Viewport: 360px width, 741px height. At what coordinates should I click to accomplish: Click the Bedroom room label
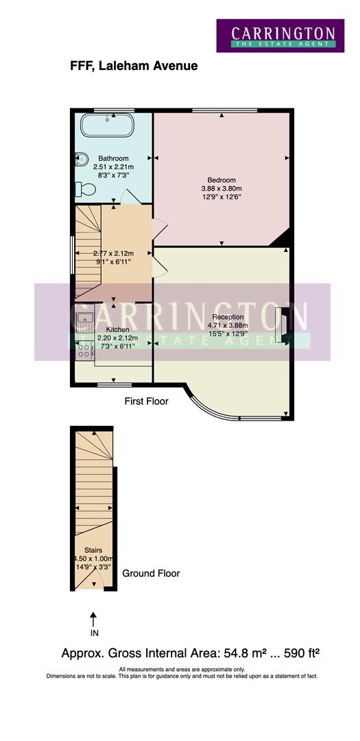(221, 180)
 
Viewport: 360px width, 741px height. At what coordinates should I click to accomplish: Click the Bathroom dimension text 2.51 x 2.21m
(113, 167)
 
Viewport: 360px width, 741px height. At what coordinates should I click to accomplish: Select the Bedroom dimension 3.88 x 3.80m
(221, 189)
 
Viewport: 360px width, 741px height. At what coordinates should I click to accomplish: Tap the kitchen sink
(85, 318)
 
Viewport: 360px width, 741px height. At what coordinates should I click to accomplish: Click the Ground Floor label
(151, 573)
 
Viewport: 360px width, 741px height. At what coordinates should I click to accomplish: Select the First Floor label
(146, 401)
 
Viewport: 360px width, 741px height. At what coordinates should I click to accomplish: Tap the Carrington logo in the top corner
(283, 36)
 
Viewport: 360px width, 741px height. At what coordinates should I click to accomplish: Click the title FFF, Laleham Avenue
(134, 66)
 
